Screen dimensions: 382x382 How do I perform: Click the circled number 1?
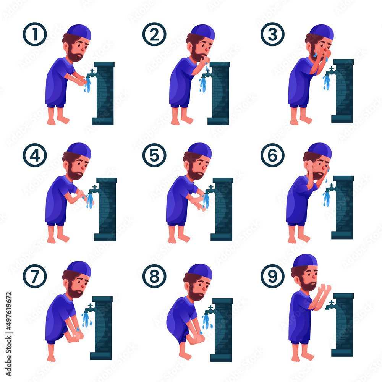[34, 34]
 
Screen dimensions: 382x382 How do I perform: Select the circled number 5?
[154, 155]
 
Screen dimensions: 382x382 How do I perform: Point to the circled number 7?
[34, 275]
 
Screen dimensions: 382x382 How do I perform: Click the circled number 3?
[272, 34]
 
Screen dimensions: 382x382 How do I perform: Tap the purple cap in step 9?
[305, 260]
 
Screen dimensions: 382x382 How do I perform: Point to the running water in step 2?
[202, 85]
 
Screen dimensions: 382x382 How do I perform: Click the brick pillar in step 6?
[343, 208]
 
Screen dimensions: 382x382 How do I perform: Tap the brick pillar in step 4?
[106, 210]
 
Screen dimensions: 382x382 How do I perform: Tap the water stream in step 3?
[327, 82]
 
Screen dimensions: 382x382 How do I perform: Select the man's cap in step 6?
[319, 150]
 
